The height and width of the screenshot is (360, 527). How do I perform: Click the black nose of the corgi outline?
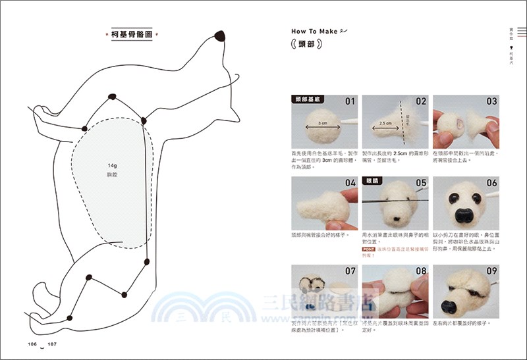[220, 36]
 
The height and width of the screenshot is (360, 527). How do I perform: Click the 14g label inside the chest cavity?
[111, 166]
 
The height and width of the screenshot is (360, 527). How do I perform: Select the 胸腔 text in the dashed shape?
[111, 176]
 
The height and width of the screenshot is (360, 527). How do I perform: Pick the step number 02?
[421, 102]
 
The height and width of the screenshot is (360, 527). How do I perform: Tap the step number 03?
[491, 102]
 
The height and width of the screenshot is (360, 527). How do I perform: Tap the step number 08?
[421, 270]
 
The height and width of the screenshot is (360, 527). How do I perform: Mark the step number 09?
[491, 270]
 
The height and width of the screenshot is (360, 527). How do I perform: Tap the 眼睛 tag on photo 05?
[374, 179]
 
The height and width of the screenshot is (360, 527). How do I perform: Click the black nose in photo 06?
[464, 215]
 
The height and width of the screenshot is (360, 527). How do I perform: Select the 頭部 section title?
[306, 45]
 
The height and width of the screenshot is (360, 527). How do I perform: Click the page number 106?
[30, 344]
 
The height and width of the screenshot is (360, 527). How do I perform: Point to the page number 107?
[53, 344]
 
